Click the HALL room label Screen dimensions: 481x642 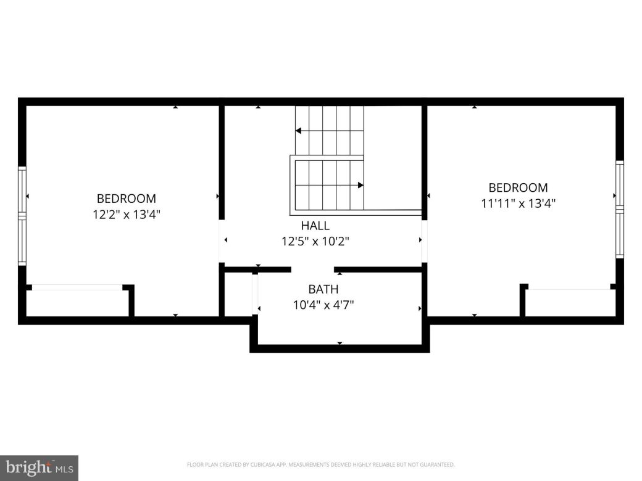coord(315,226)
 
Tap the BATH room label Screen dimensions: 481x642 coord(323,289)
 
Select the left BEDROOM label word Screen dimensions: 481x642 coord(126,199)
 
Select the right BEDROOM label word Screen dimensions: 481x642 coord(518,187)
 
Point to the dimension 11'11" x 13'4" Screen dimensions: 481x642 coord(518,203)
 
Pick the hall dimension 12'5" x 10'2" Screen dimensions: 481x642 coord(315,241)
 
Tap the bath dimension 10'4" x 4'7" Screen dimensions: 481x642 coord(323,305)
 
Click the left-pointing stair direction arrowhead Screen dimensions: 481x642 coord(298,131)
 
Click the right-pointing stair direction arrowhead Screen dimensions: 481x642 coord(361,184)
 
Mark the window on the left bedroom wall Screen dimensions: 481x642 coord(22,216)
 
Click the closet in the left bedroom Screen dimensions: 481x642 coord(78,302)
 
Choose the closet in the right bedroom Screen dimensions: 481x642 coord(569,303)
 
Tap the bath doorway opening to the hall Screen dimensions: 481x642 coord(312,269)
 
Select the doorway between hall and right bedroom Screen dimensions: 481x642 coord(424,240)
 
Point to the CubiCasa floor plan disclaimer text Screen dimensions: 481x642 coord(320,465)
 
